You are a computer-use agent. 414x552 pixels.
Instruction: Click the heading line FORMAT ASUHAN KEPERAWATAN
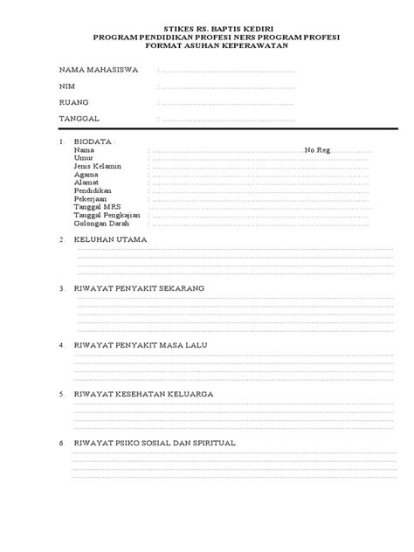coord(208,47)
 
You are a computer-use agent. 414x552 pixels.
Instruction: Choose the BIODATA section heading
coord(95,142)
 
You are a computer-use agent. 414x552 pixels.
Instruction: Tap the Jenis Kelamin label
coord(99,166)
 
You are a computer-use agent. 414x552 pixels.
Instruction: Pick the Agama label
coord(86,174)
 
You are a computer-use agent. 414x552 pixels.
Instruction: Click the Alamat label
coord(86,182)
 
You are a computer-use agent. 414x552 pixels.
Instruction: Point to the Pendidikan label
coord(93,190)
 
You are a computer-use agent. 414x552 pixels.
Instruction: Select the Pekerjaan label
coord(91,198)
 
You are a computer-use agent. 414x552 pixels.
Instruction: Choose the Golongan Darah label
coord(101,222)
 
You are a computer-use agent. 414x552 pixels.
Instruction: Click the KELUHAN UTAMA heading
coord(111,238)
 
